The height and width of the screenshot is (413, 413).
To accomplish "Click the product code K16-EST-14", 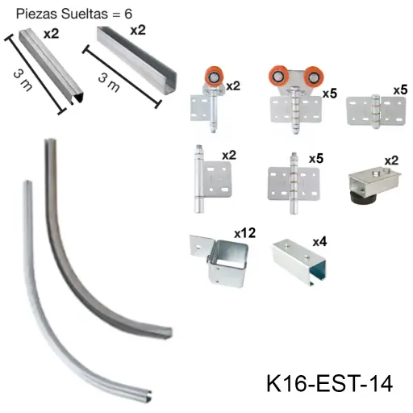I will click(x=328, y=383).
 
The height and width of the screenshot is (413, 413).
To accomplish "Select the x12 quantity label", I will click(x=244, y=233).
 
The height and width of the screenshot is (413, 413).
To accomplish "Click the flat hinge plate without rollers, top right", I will click(x=370, y=111).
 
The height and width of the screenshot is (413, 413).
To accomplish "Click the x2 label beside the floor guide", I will click(x=392, y=160).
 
